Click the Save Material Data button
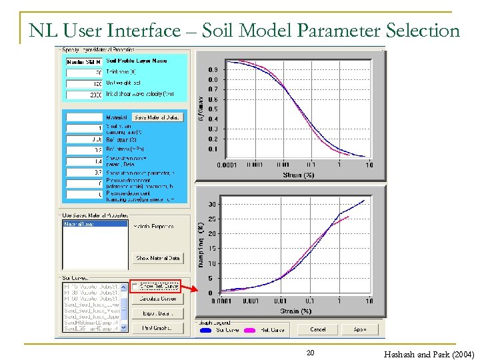[157, 117]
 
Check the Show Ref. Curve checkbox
[136, 286]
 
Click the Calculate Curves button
[158, 298]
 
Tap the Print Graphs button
[158, 327]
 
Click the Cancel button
[318, 329]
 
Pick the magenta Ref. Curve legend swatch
[251, 330]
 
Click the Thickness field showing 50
[83, 72]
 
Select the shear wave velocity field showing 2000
[83, 95]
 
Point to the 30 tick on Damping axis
[211, 204]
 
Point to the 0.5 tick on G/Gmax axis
[212, 109]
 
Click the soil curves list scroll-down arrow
[125, 329]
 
